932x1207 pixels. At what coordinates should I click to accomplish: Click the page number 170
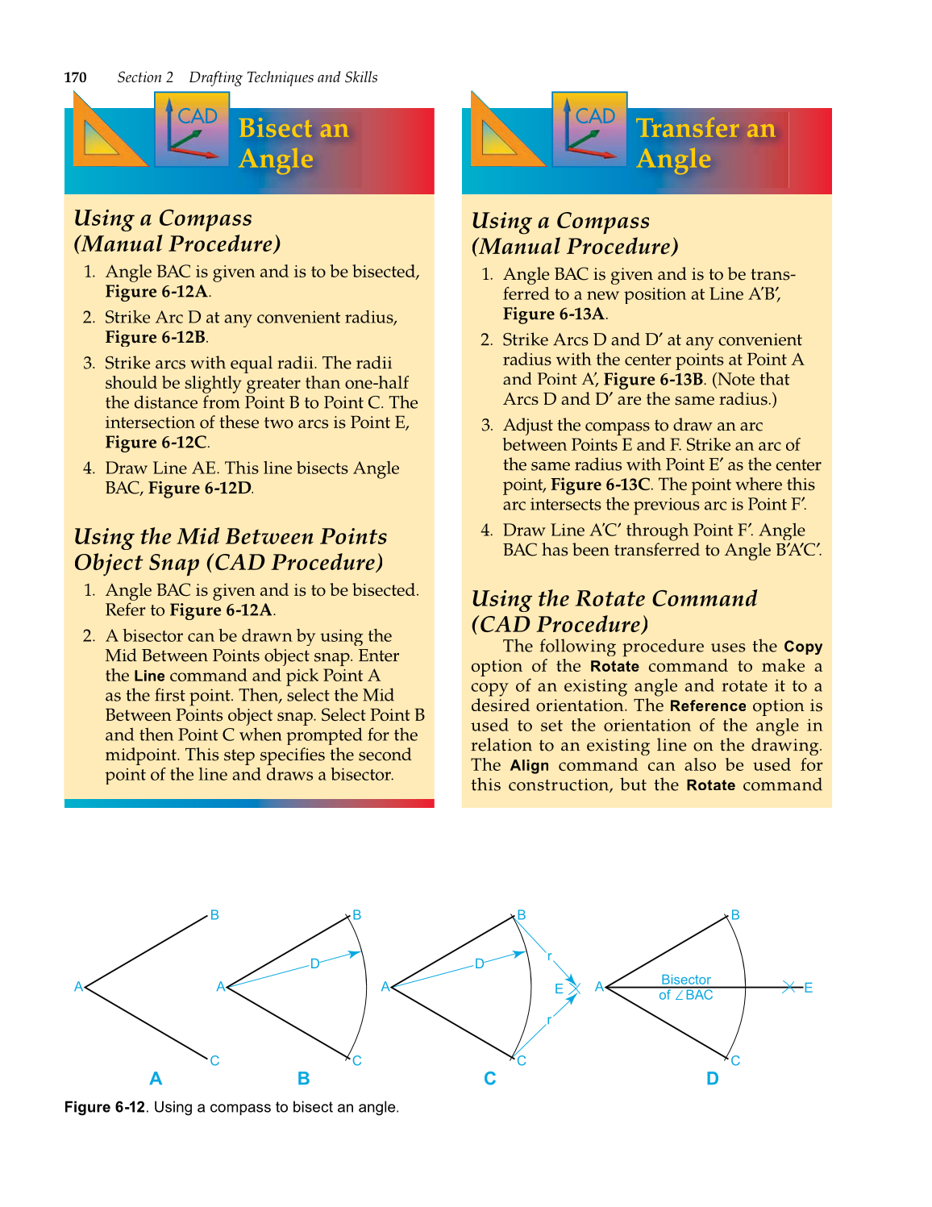[x=75, y=77]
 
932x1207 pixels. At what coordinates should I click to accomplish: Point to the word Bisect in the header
[x=276, y=128]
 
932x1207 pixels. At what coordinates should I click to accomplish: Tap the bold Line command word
[x=149, y=676]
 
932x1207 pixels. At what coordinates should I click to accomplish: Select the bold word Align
[x=530, y=766]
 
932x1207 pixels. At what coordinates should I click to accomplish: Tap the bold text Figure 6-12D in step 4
[x=199, y=489]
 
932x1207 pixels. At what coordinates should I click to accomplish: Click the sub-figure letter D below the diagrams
[x=712, y=1079]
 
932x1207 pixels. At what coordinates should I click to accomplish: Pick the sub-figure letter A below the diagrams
[x=156, y=1079]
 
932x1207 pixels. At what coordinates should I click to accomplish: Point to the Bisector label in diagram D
[x=686, y=980]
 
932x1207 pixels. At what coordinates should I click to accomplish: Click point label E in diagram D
[x=808, y=988]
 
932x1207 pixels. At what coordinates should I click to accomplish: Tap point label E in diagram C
[x=559, y=988]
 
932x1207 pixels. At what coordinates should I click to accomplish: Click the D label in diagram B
[x=314, y=964]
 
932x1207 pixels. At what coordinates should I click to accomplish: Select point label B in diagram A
[x=214, y=915]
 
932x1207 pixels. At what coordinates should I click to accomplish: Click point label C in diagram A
[x=214, y=1060]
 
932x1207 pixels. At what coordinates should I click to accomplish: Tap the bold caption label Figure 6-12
[x=105, y=1107]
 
